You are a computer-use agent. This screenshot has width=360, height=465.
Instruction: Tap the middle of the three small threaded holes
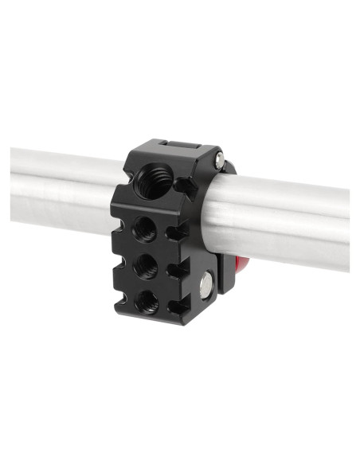(x=146, y=265)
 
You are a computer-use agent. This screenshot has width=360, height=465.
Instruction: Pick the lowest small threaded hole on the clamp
(x=147, y=300)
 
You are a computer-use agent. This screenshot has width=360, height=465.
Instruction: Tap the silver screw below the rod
(x=209, y=281)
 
